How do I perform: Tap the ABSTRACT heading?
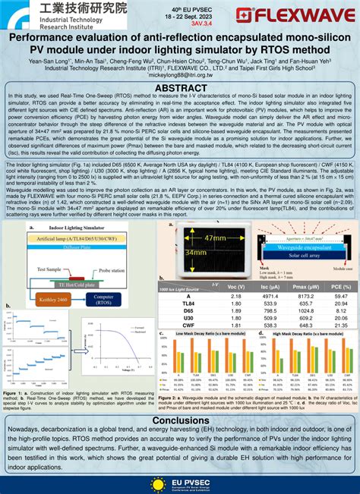[180, 89]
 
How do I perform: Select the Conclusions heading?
[180, 420]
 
